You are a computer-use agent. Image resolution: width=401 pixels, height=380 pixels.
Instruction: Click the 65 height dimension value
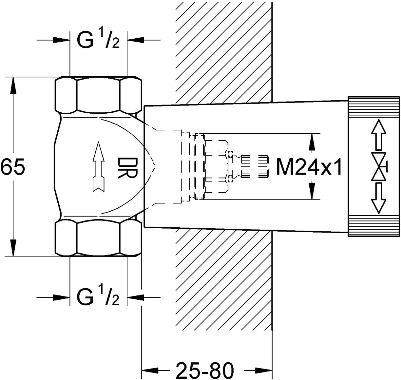click(13, 166)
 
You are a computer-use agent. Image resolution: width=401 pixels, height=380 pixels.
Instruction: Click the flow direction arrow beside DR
click(99, 166)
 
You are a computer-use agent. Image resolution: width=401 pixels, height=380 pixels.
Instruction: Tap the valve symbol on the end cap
click(379, 166)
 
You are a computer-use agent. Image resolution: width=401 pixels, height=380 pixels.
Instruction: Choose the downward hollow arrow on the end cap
click(379, 198)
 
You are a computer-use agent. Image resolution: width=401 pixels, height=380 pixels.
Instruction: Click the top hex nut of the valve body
click(98, 95)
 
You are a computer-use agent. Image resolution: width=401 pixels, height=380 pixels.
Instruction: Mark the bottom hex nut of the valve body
click(98, 238)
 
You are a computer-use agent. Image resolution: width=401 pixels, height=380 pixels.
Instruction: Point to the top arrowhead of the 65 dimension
click(13, 85)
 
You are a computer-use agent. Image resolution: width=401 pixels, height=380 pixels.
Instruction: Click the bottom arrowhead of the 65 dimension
click(13, 248)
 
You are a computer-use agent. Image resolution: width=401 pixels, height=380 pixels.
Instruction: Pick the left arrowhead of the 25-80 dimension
click(150, 370)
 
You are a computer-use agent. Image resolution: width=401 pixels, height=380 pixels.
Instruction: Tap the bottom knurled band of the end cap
click(373, 226)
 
